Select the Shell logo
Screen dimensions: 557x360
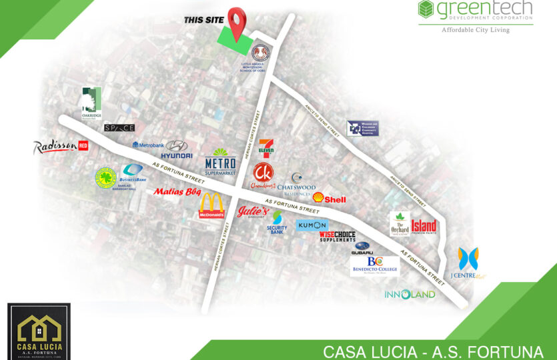coord(329,199)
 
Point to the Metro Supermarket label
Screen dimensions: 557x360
coord(220,162)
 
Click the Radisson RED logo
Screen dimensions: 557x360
coord(60,147)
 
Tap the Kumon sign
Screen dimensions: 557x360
coord(312,225)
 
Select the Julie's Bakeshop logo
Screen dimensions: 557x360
coord(251,211)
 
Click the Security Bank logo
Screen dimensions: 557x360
coord(277,223)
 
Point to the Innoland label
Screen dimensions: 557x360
coord(410,294)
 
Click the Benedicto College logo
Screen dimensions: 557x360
coord(375,265)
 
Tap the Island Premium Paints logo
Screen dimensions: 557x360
coord(424,227)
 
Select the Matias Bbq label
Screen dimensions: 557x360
coord(177,192)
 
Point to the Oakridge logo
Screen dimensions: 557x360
coord(91,103)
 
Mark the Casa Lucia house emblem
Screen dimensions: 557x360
coord(38,326)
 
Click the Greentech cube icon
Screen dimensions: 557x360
coord(426,9)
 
